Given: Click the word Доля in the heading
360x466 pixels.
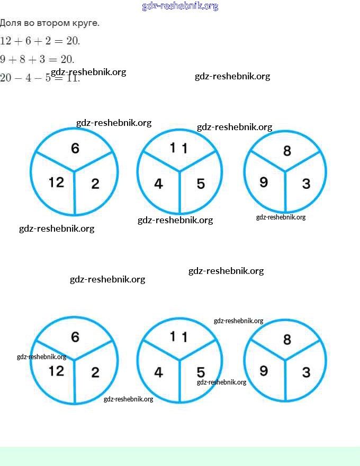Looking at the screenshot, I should coord(11,23).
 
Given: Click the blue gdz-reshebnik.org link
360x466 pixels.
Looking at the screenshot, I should coord(180,6).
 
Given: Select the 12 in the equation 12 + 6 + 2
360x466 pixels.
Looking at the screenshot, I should coord(6,41).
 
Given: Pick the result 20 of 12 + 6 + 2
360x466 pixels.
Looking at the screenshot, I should coord(71,41).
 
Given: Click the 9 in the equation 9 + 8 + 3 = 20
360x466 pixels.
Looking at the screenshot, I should coord(3,59).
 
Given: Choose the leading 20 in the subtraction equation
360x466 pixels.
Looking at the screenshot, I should coord(5,78).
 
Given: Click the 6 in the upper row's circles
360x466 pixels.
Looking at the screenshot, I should coord(75,149).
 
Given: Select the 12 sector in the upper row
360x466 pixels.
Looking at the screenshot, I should coord(56,182).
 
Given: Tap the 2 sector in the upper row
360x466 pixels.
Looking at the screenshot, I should coord(95,184).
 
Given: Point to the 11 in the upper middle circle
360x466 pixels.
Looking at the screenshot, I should coord(178,148).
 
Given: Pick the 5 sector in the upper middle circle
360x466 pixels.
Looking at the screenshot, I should coord(201,184).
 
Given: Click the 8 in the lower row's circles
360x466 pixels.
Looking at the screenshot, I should coord(287,340).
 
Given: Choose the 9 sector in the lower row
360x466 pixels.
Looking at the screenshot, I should coord(264,371).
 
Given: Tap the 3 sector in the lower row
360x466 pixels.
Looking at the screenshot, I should coord(306,372).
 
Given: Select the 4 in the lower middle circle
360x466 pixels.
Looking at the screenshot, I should coord(158,372).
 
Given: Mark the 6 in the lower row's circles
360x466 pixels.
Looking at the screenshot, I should coord(75,337).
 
